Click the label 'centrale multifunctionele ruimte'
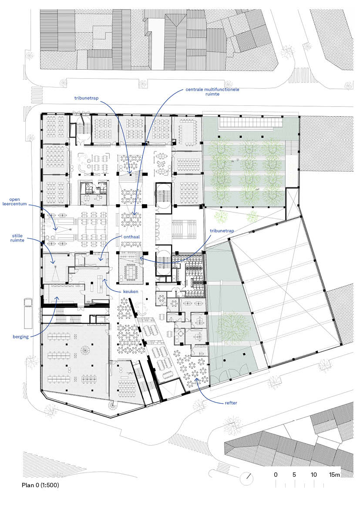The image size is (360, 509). pos(212,91)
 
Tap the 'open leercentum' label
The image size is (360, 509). pos(15,202)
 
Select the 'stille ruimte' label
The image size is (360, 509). pos(17,238)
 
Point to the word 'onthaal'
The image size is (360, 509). pos(131,236)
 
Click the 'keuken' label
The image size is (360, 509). pos(131,291)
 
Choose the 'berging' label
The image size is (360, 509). pos(21,337)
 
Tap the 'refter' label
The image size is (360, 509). pos(231,403)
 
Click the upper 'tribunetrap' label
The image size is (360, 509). pos(86,98)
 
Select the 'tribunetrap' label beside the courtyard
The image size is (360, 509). pos(222,231)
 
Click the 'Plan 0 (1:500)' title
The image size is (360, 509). pos(40,485)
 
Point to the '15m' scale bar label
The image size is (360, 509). pos(334,475)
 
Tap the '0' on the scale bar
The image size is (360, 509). pos(276,475)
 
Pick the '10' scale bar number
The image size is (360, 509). pos(313,475)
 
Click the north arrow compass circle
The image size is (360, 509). pos(246,477)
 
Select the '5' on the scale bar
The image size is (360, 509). pos(294,475)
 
